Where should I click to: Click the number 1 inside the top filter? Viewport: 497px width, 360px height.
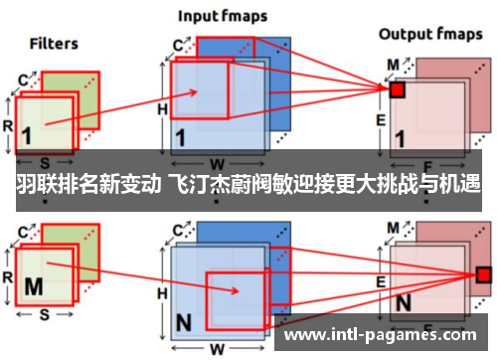26,135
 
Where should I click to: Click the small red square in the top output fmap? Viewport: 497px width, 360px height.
397,90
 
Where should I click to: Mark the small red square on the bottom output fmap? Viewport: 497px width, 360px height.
484,273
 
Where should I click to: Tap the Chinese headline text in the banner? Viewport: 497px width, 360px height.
248,185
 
